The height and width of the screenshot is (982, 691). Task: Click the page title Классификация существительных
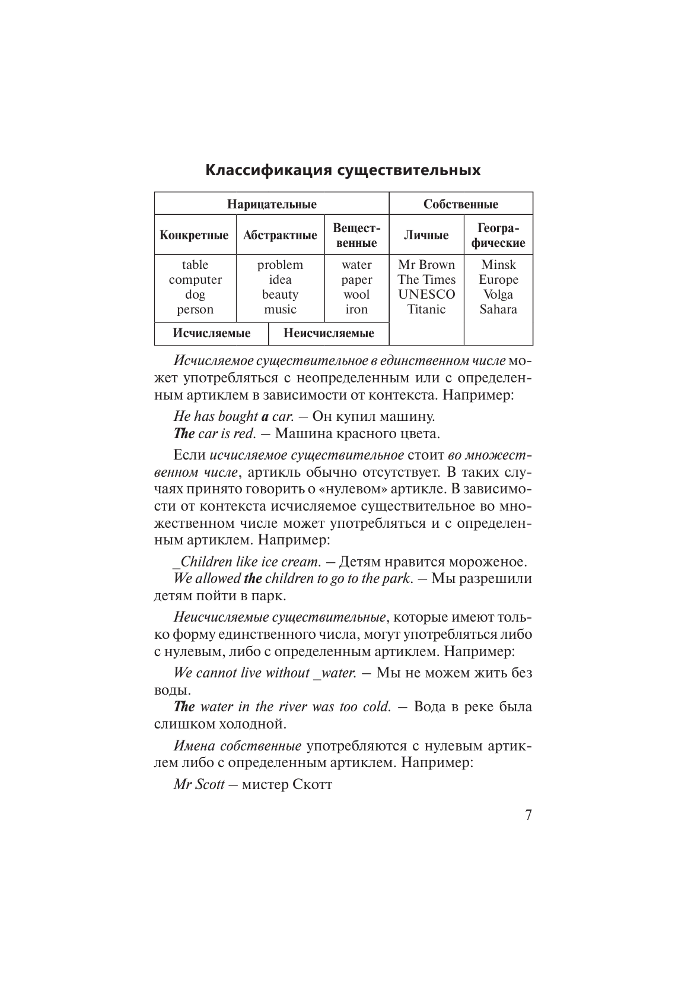click(343, 170)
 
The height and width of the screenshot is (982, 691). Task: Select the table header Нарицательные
click(272, 204)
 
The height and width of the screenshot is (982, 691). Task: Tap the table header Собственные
click(460, 204)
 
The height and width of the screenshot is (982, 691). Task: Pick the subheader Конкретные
click(194, 235)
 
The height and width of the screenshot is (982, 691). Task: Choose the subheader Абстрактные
click(280, 235)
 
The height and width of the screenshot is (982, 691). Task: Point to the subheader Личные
click(426, 235)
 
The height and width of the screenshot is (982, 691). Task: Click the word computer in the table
click(195, 280)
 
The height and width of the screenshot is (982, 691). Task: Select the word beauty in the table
click(280, 294)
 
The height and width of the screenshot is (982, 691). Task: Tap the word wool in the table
click(356, 294)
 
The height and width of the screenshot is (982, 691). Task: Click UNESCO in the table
click(426, 294)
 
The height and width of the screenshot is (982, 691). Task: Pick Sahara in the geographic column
click(498, 309)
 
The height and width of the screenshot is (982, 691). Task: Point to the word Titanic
click(426, 309)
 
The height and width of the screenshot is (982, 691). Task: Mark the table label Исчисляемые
click(211, 333)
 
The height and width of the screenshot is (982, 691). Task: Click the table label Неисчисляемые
click(329, 333)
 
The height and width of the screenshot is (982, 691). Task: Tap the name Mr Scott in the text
click(199, 784)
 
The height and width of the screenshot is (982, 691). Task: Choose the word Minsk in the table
click(498, 265)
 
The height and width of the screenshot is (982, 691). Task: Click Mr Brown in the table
click(426, 265)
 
